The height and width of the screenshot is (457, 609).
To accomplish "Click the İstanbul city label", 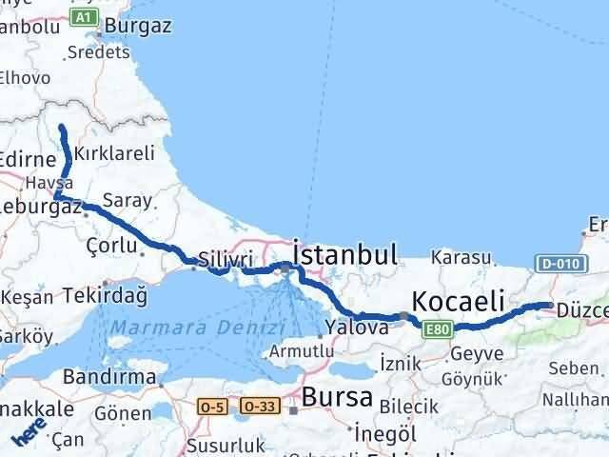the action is pyautogui.click(x=345, y=254).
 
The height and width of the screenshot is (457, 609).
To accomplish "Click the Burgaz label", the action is pyautogui.click(x=139, y=26).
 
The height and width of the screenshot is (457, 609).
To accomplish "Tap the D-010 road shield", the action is pyautogui.click(x=559, y=263).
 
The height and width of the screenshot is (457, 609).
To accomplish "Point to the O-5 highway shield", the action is pyautogui.click(x=212, y=407).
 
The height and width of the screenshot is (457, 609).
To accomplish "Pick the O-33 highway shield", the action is pyautogui.click(x=260, y=407).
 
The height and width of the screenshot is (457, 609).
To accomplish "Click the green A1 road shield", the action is pyautogui.click(x=85, y=17).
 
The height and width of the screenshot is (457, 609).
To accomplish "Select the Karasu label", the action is pyautogui.click(x=461, y=257).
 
